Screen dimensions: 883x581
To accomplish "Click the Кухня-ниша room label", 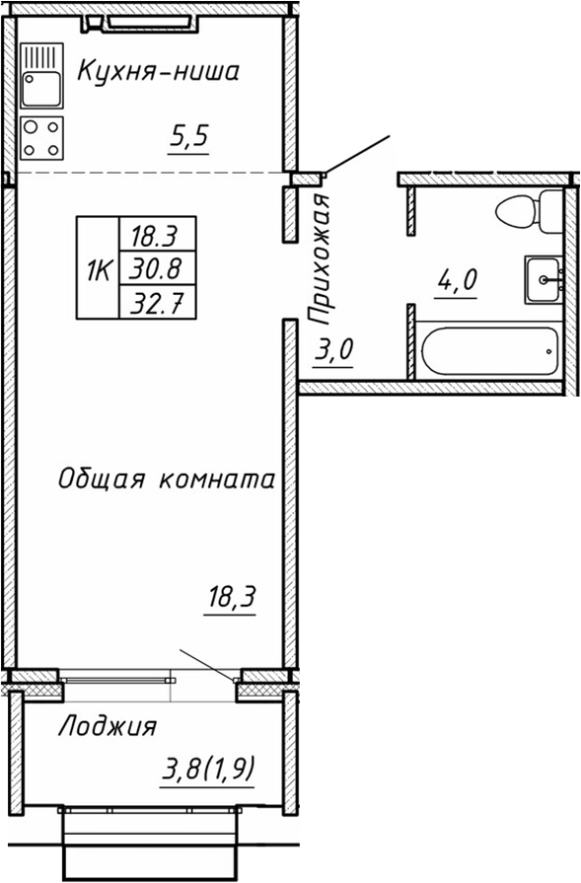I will [x=158, y=71].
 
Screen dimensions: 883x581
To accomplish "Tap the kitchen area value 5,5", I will [x=189, y=139].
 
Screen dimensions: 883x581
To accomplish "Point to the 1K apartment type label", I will [x=99, y=267].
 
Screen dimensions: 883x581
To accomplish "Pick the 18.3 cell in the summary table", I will [x=157, y=236].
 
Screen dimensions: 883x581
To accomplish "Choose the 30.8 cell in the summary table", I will [x=157, y=267].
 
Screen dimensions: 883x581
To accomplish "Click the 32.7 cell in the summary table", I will [x=157, y=301].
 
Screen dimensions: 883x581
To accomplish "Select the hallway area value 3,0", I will [x=333, y=351].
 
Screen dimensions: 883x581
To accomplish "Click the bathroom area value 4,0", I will [x=456, y=280].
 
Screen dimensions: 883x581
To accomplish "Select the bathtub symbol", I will [x=489, y=351].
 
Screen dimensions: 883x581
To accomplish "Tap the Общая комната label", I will [x=165, y=480].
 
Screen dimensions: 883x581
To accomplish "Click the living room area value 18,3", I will [x=230, y=597].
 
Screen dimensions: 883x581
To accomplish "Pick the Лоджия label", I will [x=108, y=727].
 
